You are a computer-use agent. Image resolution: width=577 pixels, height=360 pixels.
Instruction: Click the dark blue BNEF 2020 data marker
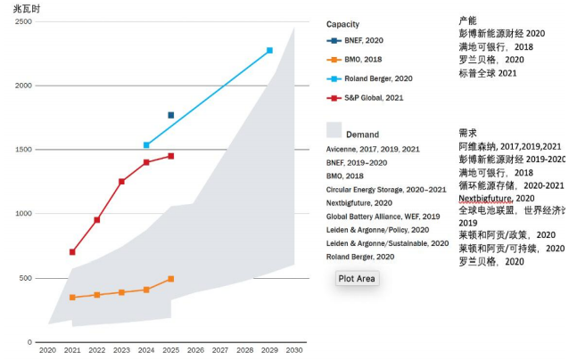[x=171, y=115]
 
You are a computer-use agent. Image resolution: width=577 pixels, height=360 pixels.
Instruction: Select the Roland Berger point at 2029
[x=269, y=51]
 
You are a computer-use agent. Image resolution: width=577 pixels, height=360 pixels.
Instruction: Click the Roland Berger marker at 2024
[x=146, y=144]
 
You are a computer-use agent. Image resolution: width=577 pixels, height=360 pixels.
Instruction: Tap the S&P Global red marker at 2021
[x=72, y=252]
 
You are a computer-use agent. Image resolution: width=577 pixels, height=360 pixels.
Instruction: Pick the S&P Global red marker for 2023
[x=121, y=182]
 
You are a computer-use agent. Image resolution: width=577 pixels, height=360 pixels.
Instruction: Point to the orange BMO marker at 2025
[x=171, y=279]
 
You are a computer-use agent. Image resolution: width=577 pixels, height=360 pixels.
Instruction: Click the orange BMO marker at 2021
[x=72, y=298]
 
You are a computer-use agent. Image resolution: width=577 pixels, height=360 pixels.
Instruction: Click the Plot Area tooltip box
[x=358, y=279]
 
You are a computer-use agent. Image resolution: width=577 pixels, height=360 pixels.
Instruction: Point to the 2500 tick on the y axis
[x=22, y=22]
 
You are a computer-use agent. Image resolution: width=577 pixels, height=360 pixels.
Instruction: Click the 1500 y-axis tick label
[x=22, y=151]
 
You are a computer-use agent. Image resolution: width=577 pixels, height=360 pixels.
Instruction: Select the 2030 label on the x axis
[x=294, y=350]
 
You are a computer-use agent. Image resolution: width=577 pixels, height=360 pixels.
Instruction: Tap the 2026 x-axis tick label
[x=196, y=350]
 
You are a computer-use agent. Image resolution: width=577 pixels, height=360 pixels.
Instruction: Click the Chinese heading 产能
[x=467, y=20]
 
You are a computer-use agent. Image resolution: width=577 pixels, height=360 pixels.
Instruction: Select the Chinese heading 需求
[x=467, y=133]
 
